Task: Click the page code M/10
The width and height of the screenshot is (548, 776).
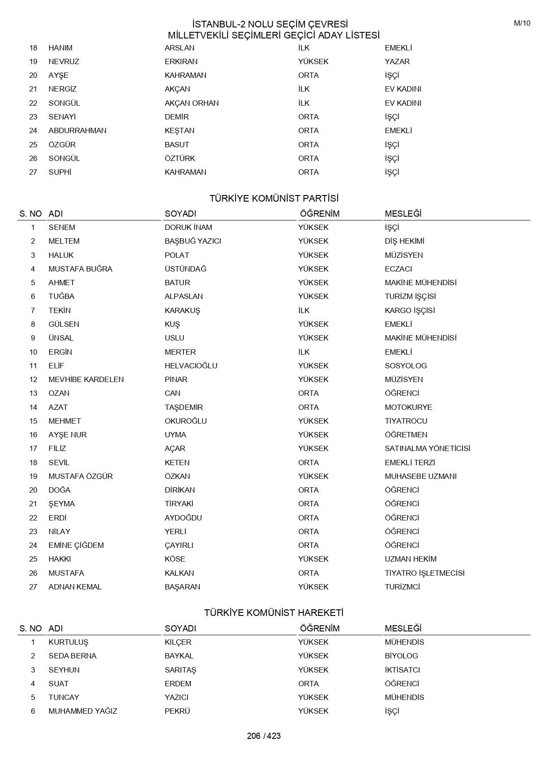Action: (x=522, y=23)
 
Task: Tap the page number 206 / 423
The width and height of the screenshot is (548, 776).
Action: (x=264, y=736)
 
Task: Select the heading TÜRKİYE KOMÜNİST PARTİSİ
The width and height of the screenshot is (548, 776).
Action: (x=274, y=198)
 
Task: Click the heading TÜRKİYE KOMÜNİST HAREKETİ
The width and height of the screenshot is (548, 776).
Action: (x=274, y=613)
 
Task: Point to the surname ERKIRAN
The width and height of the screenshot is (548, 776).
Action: (x=181, y=61)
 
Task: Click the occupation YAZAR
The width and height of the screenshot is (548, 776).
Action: (x=397, y=61)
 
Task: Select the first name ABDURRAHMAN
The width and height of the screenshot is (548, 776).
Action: (x=77, y=130)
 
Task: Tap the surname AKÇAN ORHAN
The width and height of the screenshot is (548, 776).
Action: (x=192, y=103)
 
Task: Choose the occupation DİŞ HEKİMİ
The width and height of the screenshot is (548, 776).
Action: (x=404, y=241)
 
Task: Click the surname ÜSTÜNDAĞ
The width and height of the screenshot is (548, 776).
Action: (x=186, y=269)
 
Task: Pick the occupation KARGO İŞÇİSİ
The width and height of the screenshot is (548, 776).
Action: (x=410, y=310)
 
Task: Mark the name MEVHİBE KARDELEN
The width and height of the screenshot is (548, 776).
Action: (x=86, y=379)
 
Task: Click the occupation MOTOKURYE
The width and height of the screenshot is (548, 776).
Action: (x=408, y=407)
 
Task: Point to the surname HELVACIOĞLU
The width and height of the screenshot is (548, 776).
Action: (x=191, y=366)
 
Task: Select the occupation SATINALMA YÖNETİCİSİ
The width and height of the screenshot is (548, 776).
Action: (x=427, y=448)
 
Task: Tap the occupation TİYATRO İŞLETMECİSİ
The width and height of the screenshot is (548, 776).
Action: (x=425, y=573)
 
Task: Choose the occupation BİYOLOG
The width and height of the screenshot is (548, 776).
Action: (x=401, y=656)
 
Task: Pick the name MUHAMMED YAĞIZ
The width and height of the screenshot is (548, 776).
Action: (x=83, y=711)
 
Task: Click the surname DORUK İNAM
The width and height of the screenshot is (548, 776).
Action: (x=188, y=227)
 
